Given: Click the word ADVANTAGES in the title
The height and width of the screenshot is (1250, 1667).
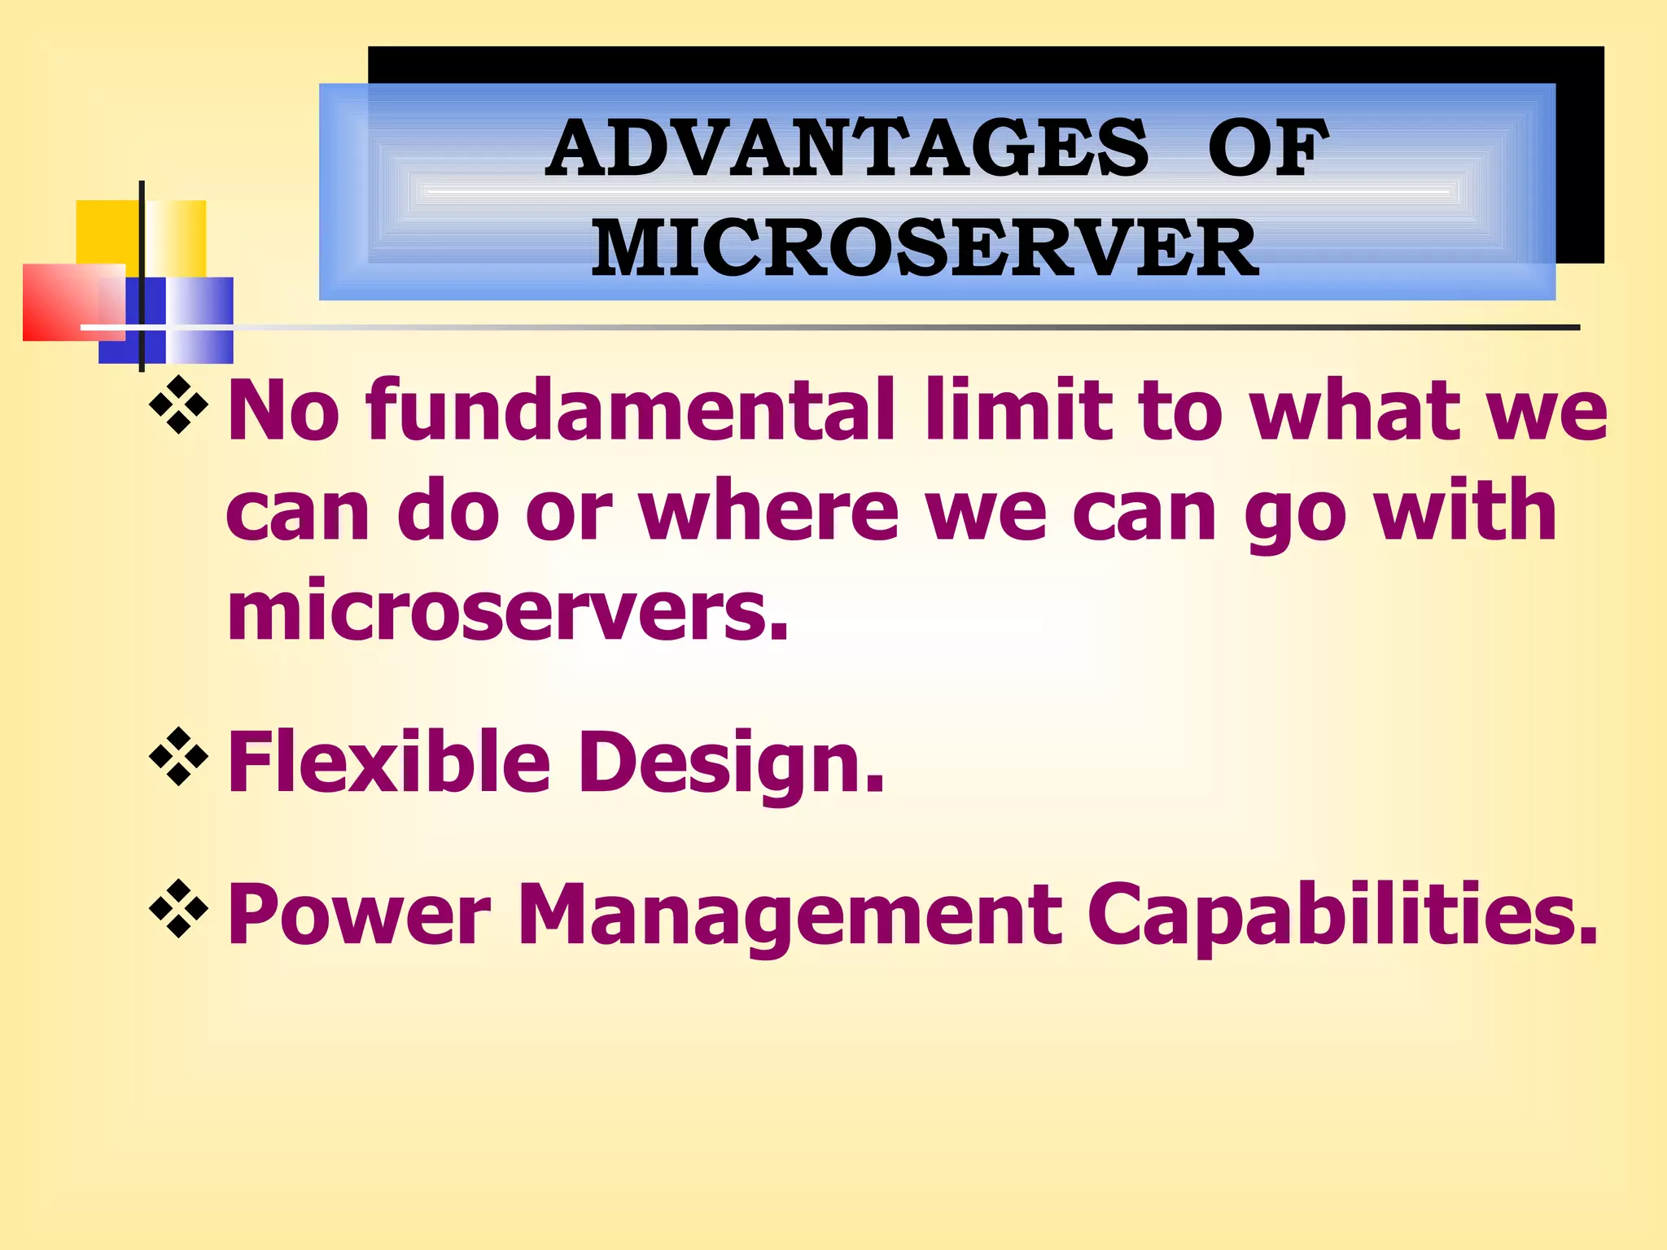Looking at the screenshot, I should point(847,148).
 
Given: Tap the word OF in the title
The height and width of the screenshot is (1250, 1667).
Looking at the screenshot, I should point(1267,148).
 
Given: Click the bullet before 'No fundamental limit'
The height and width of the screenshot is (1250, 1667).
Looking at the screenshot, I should point(179,404).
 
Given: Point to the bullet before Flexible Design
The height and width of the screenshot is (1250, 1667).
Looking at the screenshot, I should point(179,758).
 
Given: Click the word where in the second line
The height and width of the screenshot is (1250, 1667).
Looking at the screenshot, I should point(768,511).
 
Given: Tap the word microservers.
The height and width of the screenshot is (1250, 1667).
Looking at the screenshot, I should point(507,610).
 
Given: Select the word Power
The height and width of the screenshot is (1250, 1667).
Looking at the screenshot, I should point(359,915).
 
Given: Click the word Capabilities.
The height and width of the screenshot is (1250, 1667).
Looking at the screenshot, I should point(1342,915).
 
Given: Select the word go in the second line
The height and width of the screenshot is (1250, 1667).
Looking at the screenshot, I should point(1293,517).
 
